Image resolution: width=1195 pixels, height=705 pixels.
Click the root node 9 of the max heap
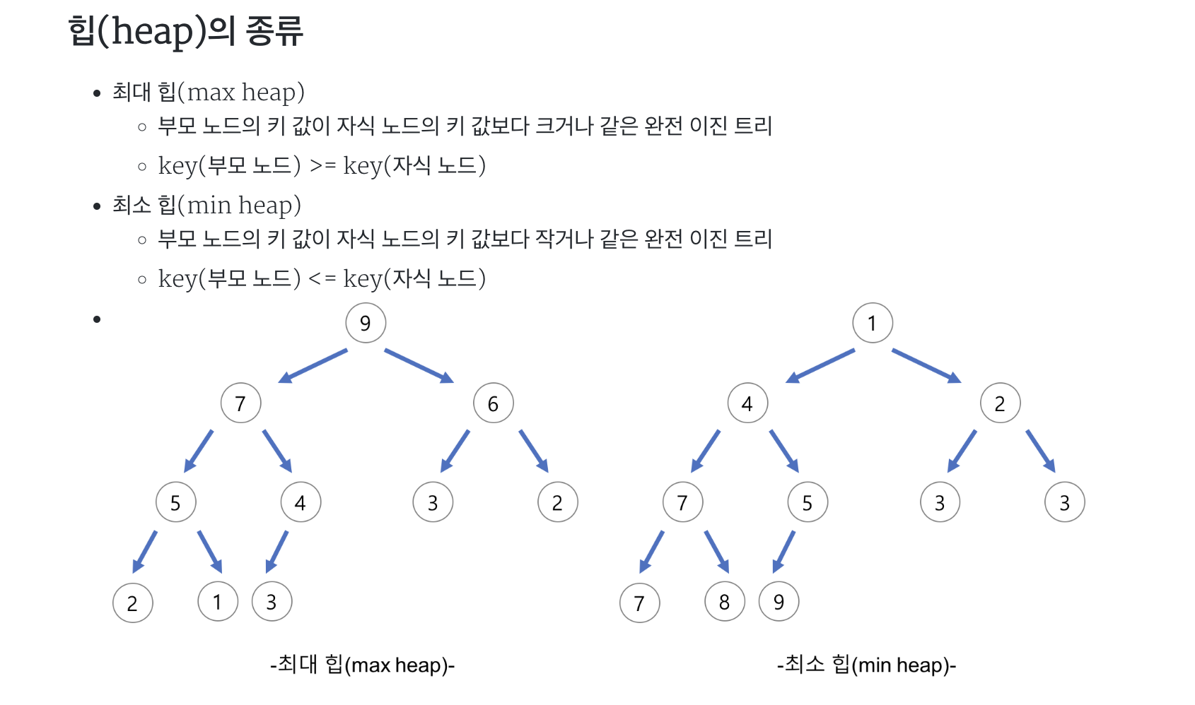pos(365,323)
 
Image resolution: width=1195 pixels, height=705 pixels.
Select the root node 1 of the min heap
pos(872,323)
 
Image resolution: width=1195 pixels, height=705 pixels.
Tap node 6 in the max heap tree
pos(493,403)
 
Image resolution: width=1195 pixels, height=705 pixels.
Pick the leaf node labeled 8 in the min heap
pos(724,602)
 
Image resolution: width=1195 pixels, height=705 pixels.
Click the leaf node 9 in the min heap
pos(779,602)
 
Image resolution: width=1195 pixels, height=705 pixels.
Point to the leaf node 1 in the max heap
pos(217,602)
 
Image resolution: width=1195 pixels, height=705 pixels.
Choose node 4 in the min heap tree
pos(747,403)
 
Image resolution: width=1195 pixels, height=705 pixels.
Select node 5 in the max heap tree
pos(175,502)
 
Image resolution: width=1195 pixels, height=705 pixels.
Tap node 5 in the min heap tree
pos(808,502)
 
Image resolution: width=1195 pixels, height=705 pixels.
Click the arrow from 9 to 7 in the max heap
pos(313,366)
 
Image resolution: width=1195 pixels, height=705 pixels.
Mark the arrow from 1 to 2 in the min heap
pos(926,366)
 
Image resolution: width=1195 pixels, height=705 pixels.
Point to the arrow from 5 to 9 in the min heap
pos(783,552)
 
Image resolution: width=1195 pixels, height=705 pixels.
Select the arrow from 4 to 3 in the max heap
pos(276,552)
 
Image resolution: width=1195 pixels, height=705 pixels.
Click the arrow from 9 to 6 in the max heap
pos(419,366)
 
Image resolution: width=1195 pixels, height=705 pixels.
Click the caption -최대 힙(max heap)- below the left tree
pos(362,665)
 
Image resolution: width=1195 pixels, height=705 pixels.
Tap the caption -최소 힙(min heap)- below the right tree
pos(866,665)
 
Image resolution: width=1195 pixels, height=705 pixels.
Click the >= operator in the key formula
pos(322,165)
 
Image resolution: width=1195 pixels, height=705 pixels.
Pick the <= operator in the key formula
pos(322,278)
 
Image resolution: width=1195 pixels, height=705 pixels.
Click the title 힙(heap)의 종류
pos(186,32)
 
